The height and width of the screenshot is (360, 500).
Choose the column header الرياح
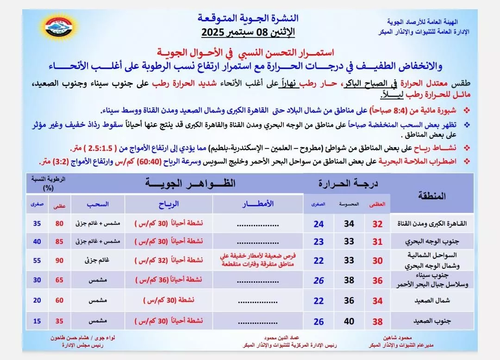[169, 204]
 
